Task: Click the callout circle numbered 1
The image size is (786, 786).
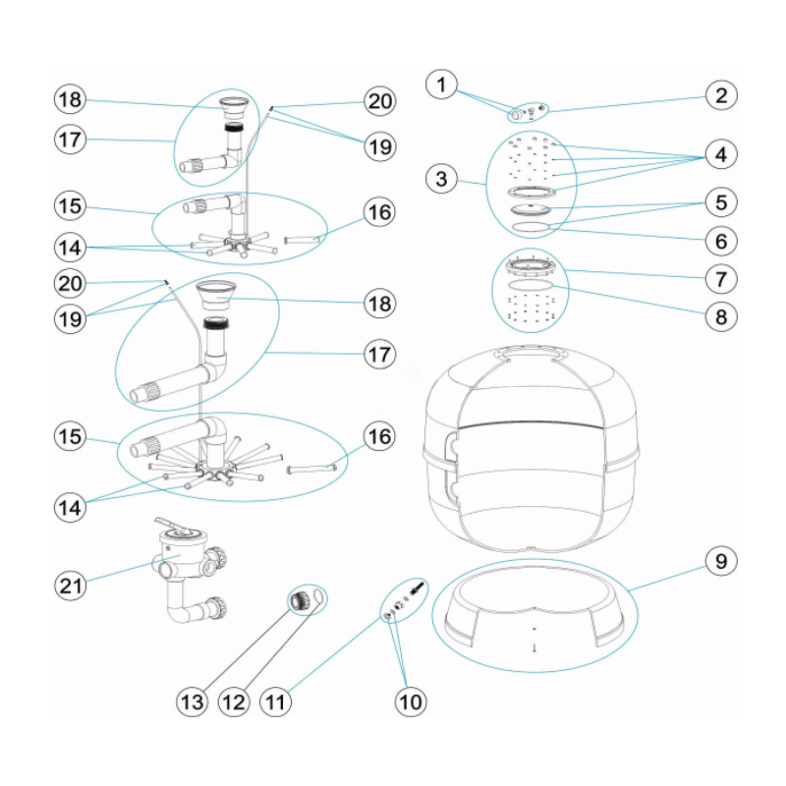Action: [442, 85]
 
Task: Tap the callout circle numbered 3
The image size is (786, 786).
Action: [442, 178]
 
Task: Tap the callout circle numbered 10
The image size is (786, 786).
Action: [411, 702]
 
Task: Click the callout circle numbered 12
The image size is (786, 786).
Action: [233, 702]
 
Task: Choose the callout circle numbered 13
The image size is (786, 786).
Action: [192, 702]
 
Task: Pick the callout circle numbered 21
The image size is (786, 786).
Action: [70, 586]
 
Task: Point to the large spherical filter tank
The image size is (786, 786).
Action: [531, 452]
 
